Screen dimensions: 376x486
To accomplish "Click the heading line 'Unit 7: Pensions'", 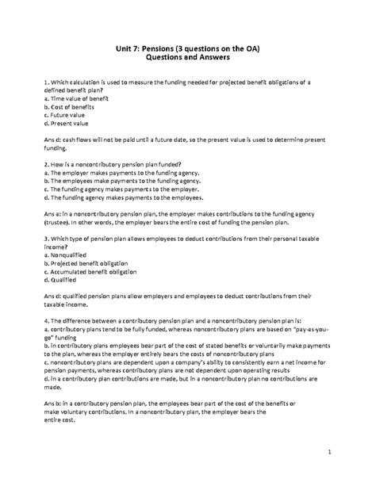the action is coord(189,50).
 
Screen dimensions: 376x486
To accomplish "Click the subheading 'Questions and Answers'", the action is coord(188,61).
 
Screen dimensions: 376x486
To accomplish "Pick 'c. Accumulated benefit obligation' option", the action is coord(87,285).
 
